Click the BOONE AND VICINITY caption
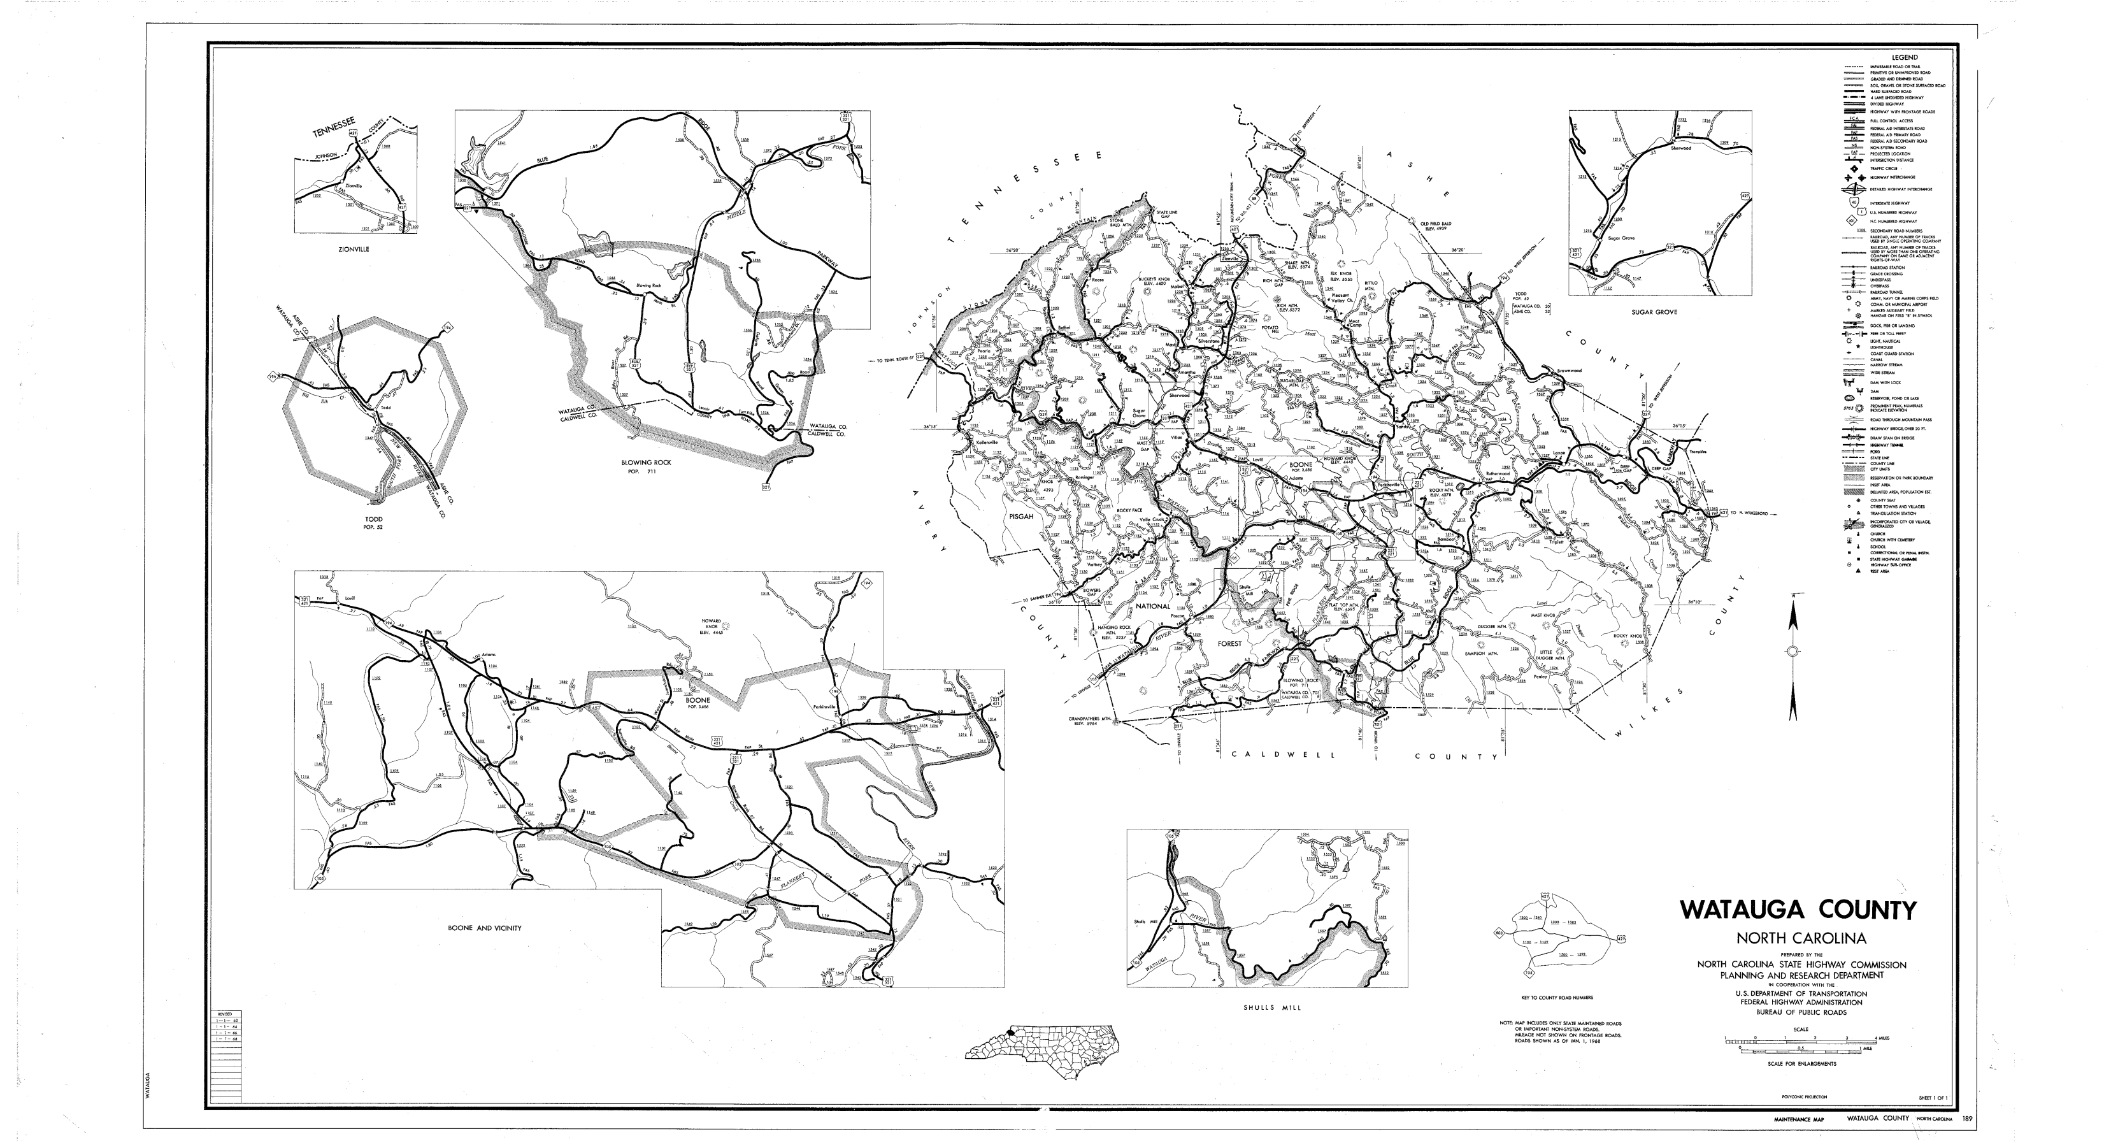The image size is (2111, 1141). [x=483, y=928]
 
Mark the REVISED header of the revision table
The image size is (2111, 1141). [x=224, y=1015]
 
